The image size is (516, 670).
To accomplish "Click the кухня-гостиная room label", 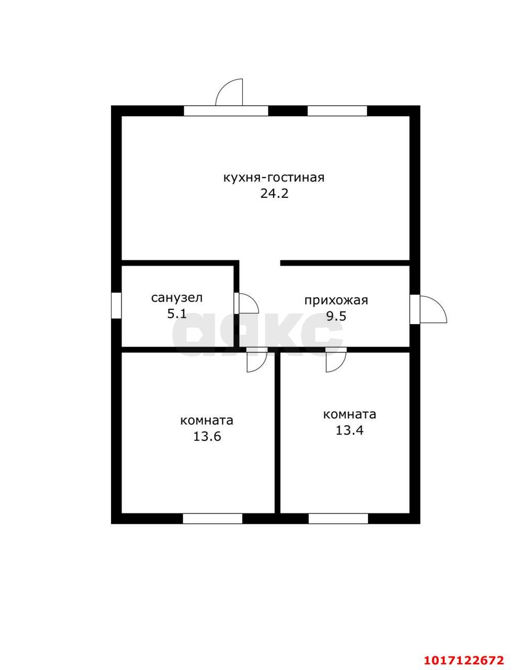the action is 274,178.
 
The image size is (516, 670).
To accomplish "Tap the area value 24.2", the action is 274,193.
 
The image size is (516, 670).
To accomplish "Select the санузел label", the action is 177,298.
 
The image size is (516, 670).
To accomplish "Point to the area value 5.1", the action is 177,314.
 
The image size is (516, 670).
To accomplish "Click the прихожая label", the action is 336,300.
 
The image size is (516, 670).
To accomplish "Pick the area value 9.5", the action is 336,316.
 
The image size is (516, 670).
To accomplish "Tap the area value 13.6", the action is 207,437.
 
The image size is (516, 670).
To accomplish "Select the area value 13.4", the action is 349,430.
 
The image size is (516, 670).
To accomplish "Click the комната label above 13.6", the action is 207,420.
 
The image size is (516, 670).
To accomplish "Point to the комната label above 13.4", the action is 350,415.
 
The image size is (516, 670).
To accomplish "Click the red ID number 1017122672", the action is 464,657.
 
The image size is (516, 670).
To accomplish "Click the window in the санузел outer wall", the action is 116,306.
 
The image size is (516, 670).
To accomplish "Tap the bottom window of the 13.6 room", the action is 212,519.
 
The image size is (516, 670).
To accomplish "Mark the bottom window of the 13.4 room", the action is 339,519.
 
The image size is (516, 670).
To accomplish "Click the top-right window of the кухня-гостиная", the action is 337,110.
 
